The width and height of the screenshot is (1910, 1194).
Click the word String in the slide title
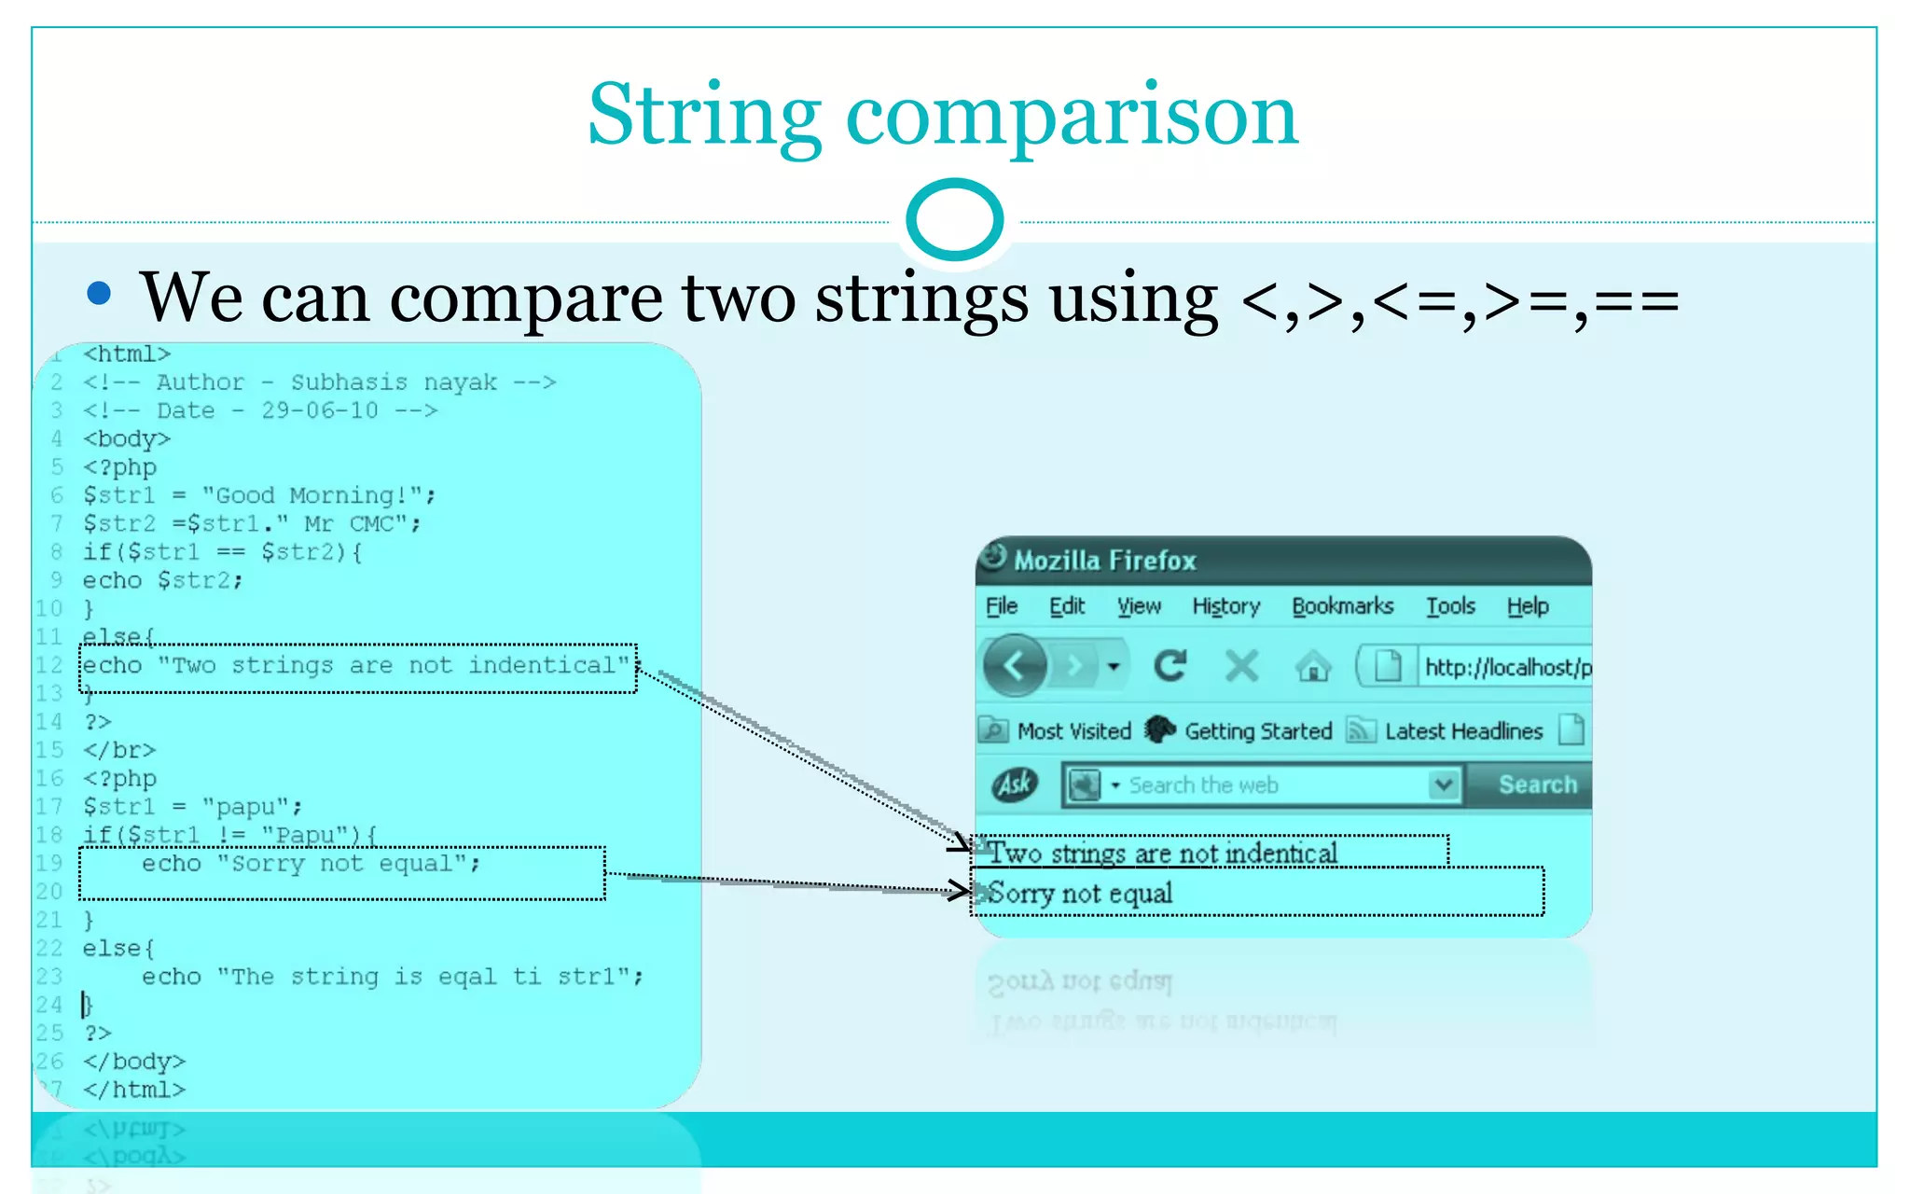pos(704,117)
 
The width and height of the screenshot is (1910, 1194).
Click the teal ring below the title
pos(954,219)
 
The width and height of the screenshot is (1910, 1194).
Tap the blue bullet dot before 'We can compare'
pos(99,294)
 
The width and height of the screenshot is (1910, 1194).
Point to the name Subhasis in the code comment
pos(349,382)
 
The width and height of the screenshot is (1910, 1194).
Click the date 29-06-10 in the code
pos(319,410)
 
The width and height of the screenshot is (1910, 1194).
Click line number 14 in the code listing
pos(49,722)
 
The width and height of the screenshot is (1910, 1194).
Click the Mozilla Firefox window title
pos(1104,561)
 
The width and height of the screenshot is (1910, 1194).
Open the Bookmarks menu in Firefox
pos(1342,606)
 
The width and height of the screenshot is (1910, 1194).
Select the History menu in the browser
pos(1225,606)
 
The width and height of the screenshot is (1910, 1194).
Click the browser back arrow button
pos(1015,666)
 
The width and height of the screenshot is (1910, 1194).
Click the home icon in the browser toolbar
pos(1313,666)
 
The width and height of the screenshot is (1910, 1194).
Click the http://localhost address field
pos(1503,667)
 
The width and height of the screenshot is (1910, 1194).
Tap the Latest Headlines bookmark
pos(1462,731)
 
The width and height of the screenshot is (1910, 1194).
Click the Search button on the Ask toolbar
pos(1537,784)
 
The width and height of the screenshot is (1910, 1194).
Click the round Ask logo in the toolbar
pos(1015,784)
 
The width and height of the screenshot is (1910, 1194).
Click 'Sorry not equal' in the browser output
pos(1080,894)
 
